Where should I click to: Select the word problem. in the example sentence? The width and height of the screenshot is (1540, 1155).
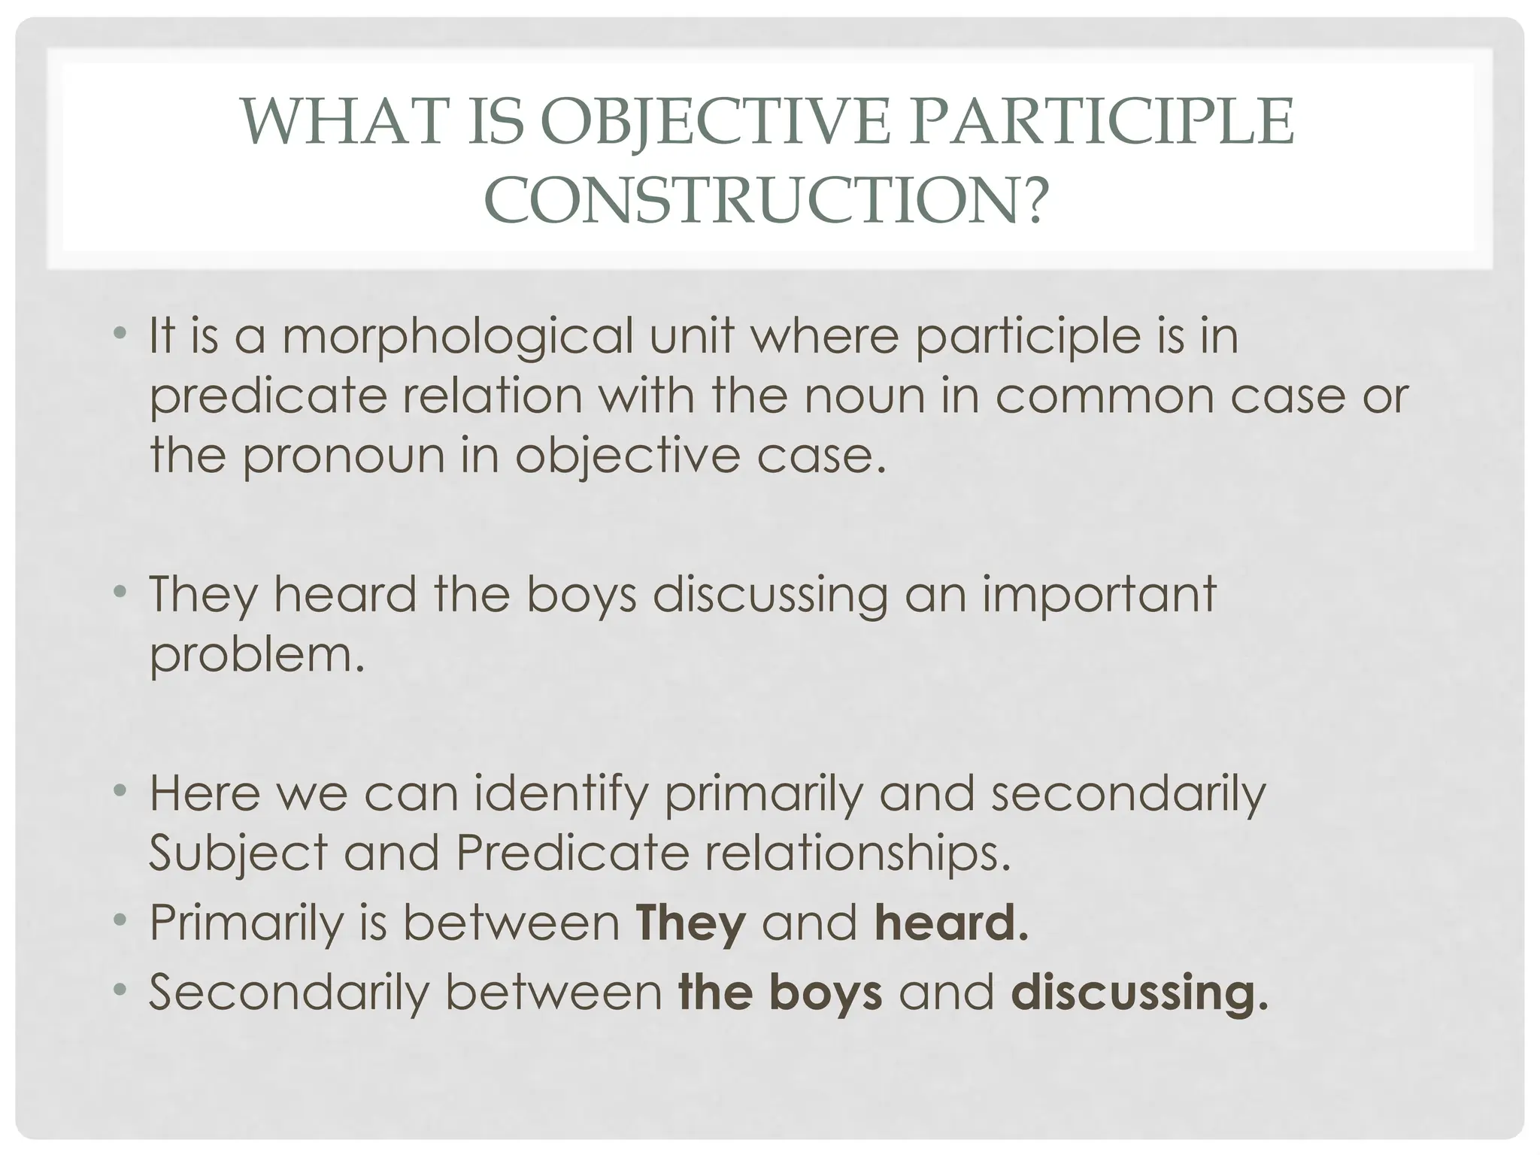pos(257,655)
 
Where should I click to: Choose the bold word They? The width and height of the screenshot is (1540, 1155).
pos(690,923)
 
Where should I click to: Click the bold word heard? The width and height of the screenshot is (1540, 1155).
pos(950,923)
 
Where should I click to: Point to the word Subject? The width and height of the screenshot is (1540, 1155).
pos(238,853)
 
